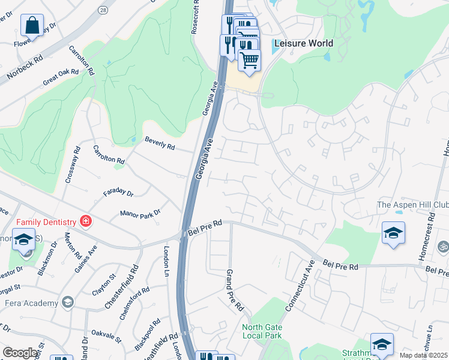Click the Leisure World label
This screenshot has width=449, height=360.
point(303,44)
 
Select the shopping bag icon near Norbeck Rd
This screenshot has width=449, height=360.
point(32,26)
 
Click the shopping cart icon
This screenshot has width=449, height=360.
point(249,59)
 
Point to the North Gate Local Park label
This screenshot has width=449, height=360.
point(262,331)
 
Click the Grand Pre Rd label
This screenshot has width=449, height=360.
point(234,290)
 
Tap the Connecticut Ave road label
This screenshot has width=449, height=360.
point(300,288)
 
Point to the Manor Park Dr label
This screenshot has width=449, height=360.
point(141,213)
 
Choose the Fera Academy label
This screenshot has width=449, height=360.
point(30,303)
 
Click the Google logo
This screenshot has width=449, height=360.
point(20,353)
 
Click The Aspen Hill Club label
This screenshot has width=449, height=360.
point(412,205)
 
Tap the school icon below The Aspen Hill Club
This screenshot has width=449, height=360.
point(393,233)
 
